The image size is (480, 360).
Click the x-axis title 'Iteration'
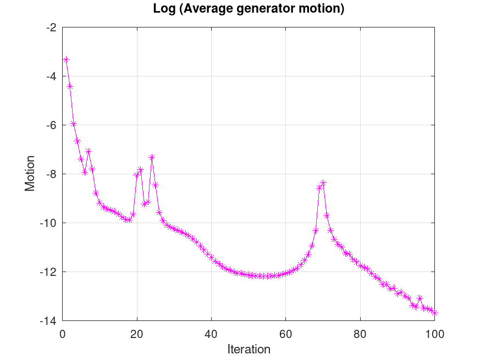(x=249, y=349)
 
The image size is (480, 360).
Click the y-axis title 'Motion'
(x=30, y=173)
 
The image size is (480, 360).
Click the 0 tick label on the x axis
(x=63, y=333)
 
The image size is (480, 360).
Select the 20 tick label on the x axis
(x=137, y=333)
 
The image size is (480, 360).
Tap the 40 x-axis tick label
(x=212, y=333)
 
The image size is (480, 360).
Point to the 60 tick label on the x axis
(x=286, y=333)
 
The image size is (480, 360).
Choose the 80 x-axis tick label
(x=360, y=333)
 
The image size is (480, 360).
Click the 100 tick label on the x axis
(x=434, y=333)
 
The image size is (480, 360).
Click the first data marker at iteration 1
(x=66, y=59)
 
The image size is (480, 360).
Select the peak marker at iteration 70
(x=323, y=182)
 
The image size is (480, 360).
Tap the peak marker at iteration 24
(x=152, y=157)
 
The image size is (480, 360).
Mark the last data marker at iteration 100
(x=434, y=312)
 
